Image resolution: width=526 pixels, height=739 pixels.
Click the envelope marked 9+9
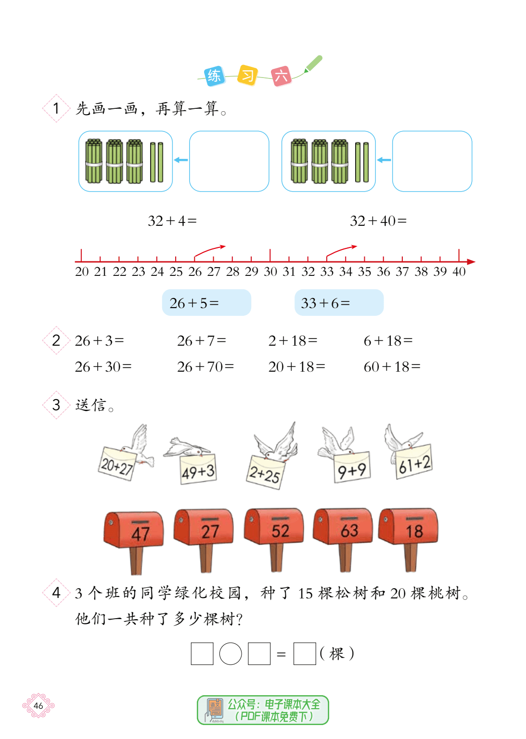point(352,467)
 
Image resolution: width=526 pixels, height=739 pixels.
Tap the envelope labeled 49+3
point(198,470)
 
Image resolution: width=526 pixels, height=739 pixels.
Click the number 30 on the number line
point(270,272)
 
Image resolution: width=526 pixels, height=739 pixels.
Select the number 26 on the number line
point(194,272)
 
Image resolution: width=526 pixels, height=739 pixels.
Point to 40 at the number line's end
point(459,272)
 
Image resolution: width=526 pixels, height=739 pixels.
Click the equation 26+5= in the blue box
point(194,303)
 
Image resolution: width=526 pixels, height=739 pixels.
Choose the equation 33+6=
point(325,303)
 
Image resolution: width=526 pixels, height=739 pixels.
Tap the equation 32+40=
point(378,220)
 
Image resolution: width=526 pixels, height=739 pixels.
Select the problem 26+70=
point(205,366)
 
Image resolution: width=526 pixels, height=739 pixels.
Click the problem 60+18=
point(392,366)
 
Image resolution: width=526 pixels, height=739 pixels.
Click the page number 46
point(38,706)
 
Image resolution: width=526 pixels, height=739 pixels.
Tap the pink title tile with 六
point(282,76)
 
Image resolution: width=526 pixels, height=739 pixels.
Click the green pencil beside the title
point(313,64)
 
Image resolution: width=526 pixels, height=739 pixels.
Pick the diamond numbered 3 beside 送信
point(56,405)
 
